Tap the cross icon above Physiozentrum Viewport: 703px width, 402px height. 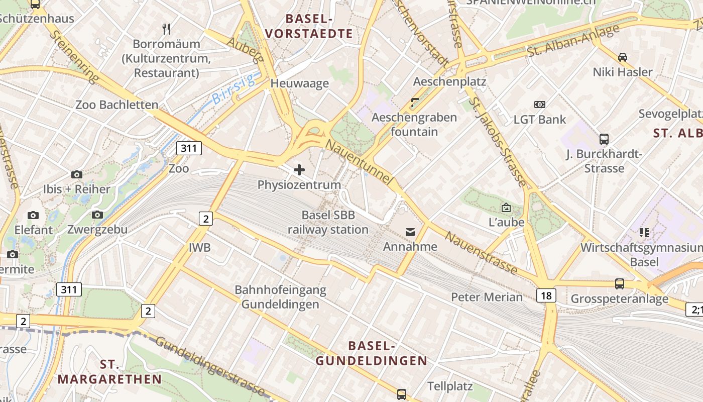point(299,169)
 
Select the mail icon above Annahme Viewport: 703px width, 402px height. point(411,232)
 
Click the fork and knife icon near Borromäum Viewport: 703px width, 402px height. point(167,29)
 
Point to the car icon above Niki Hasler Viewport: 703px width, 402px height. point(623,57)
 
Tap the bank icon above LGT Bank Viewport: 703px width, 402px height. point(540,105)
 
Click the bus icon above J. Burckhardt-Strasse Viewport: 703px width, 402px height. point(604,139)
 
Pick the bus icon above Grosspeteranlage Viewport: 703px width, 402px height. point(620,284)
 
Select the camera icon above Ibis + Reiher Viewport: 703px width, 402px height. point(77,174)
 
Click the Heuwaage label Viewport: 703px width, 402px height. point(300,83)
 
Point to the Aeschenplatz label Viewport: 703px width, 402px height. point(449,81)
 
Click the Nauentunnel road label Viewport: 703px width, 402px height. point(358,162)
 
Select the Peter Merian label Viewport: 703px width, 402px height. point(487,297)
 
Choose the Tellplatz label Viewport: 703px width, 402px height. point(450,386)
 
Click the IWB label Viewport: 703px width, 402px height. point(199,247)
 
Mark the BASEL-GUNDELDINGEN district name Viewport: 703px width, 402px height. point(371,353)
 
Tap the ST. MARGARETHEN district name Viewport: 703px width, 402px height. point(109,371)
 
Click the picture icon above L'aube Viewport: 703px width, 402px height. point(506,208)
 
